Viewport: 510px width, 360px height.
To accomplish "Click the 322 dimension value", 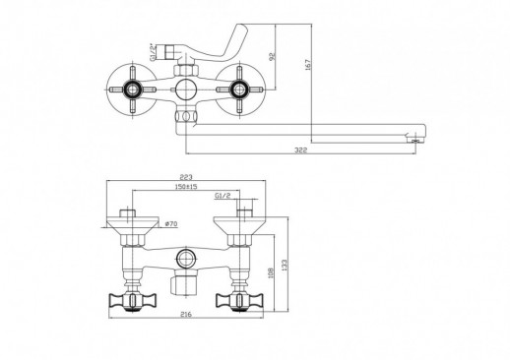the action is [300, 150].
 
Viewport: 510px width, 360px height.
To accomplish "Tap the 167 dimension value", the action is [307, 65].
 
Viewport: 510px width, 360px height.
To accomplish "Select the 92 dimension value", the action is [272, 56].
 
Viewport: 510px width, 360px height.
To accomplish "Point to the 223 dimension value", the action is [186, 177].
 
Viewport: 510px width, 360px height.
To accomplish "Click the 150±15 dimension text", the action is [185, 187].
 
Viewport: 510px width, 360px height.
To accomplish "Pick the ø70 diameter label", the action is [170, 224].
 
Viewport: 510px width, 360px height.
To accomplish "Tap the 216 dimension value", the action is [186, 315].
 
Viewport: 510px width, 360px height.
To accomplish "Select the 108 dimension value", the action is [271, 273].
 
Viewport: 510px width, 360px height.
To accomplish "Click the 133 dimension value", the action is [285, 265].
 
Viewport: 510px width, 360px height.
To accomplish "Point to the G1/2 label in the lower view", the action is [223, 196].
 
